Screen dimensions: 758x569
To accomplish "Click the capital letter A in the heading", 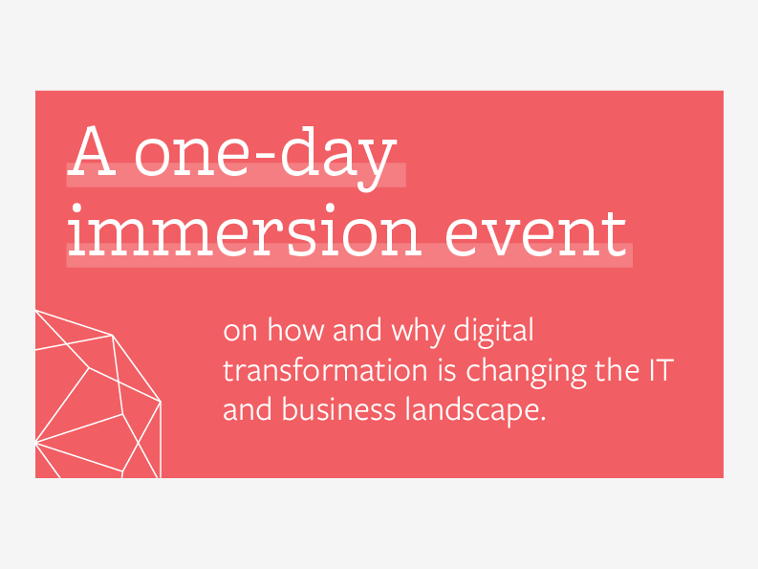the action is pos(92,150).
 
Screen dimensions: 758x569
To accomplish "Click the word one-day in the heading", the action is pos(266,157).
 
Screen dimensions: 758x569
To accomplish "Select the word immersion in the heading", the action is pos(244,230).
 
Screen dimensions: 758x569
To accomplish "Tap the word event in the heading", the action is pos(535,234).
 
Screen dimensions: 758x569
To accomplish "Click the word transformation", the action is pos(325,371).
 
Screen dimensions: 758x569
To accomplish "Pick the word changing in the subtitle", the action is pos(526,372).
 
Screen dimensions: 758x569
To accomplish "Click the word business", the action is pos(339,410).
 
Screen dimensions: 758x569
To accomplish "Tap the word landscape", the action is pos(472,411).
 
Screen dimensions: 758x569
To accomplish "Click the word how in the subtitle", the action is pos(295,330).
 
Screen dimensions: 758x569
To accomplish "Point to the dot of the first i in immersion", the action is pos(76,208).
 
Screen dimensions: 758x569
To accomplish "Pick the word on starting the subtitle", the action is pos(240,332).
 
